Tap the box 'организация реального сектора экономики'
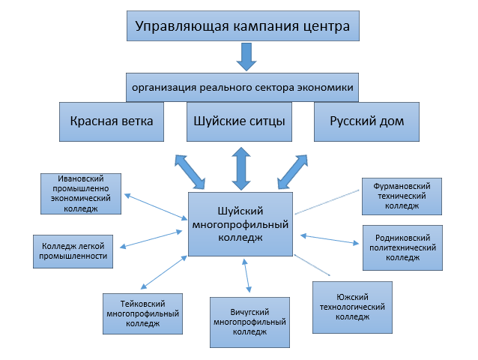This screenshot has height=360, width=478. (242, 86)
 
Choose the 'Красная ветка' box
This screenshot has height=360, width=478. (111, 121)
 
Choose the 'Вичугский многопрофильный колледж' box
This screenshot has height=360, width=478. (250, 321)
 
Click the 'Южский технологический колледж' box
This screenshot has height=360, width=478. (352, 307)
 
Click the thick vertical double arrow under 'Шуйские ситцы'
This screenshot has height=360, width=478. (240, 168)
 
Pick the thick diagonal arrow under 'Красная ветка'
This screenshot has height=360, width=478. (189, 172)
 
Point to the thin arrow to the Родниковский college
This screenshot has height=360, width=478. (330, 239)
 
